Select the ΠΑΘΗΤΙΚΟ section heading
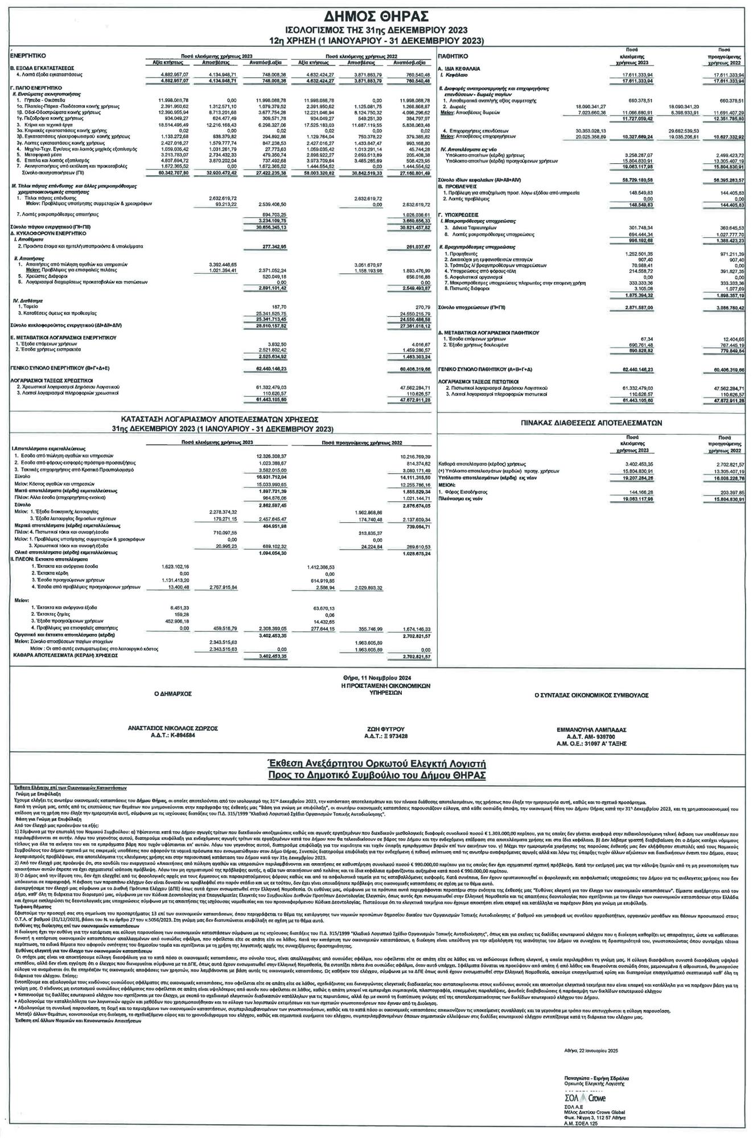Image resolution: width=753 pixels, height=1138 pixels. tap(452, 56)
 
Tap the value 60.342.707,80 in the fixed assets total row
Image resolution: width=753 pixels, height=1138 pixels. tap(165, 172)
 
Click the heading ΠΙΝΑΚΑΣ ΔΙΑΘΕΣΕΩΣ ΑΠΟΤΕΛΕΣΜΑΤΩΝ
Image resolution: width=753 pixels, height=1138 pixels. tap(592, 423)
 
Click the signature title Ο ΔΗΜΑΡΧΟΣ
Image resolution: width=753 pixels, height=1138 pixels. tap(173, 694)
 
